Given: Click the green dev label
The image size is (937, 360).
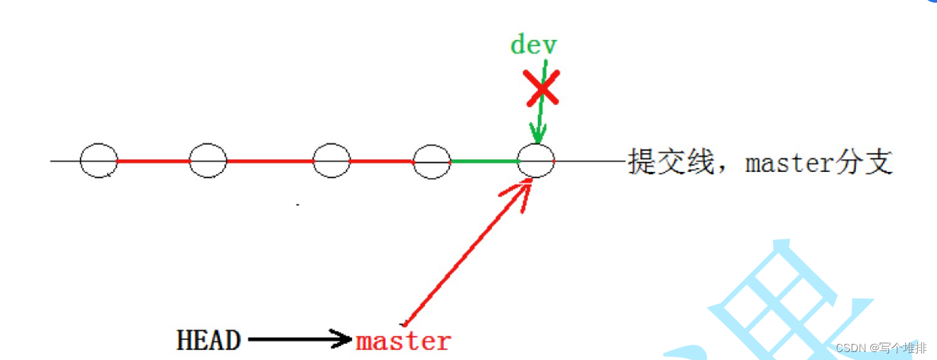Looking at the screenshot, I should tap(534, 45).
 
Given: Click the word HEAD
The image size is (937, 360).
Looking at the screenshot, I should tap(209, 340).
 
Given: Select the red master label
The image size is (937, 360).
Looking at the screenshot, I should tap(403, 341).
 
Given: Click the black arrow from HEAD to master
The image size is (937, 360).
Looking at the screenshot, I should tap(300, 340).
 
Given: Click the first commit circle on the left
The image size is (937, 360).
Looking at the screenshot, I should tap(99, 161).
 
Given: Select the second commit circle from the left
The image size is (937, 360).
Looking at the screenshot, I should tap(208, 161).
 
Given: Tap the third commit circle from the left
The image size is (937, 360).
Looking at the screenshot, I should tap(331, 161).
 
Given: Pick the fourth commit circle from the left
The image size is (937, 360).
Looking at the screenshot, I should tap(432, 161).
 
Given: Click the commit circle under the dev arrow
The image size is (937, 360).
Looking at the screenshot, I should tap(536, 161).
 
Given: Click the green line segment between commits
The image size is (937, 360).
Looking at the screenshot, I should tap(484, 161).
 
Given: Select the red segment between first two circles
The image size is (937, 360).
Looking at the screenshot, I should tap(153, 161).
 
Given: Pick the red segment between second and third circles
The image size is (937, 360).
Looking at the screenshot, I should tap(270, 161).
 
